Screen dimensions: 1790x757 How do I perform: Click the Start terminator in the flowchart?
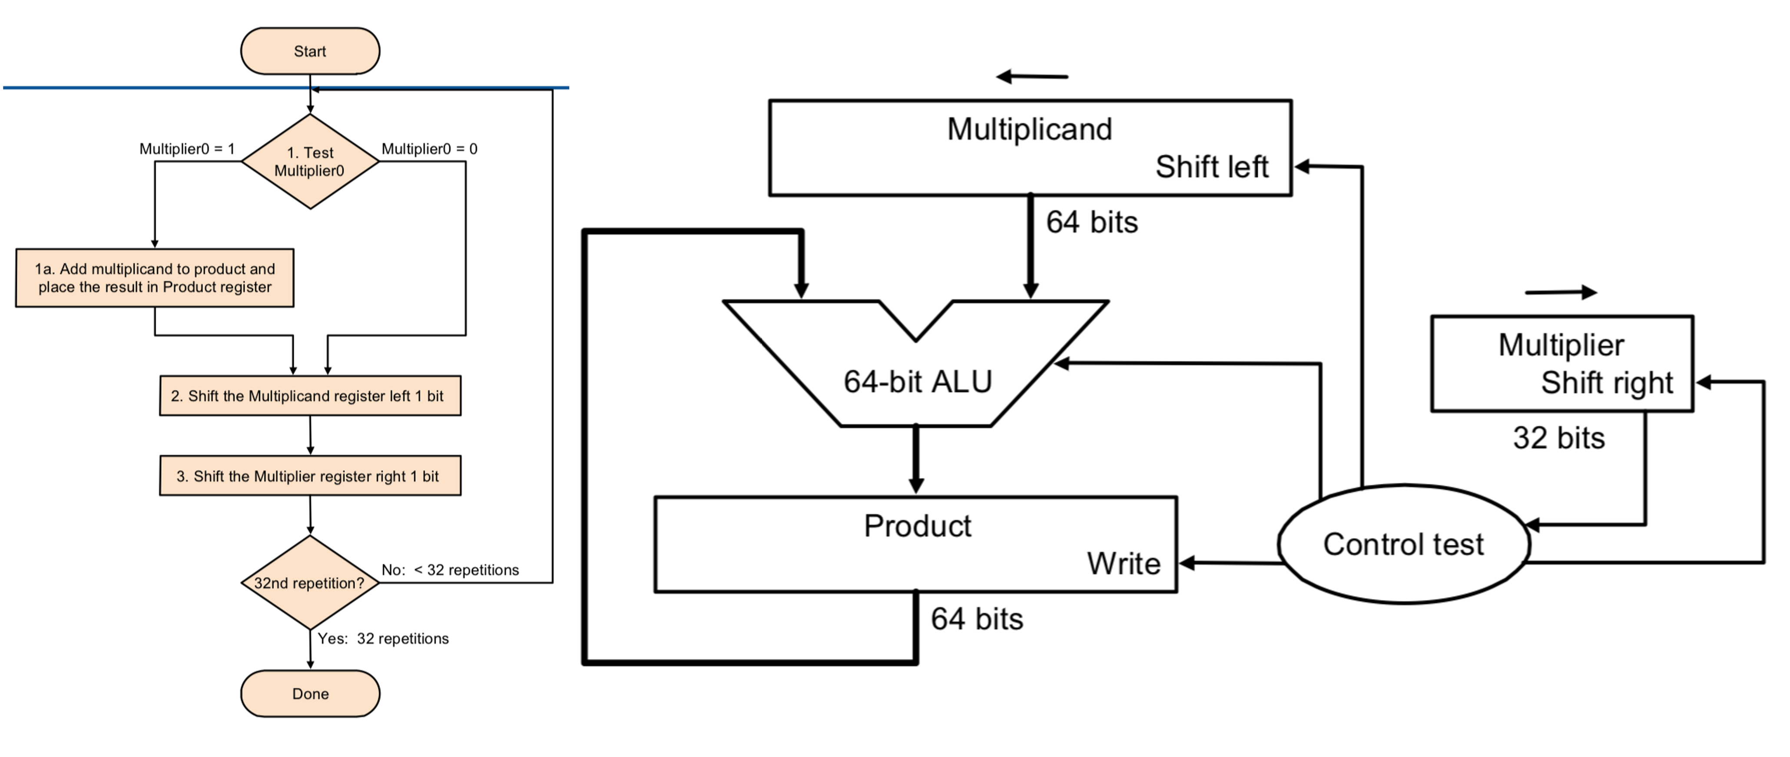(x=310, y=51)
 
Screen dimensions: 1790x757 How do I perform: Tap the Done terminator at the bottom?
(x=310, y=693)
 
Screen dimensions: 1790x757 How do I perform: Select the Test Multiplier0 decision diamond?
(x=310, y=161)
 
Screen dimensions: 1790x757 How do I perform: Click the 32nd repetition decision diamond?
(x=310, y=583)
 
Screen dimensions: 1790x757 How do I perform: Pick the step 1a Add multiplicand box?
(x=155, y=277)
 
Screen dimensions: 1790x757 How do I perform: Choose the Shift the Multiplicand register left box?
(x=310, y=396)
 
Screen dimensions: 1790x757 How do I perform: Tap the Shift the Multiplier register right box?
(x=310, y=476)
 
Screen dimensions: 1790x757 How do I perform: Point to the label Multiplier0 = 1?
(x=187, y=149)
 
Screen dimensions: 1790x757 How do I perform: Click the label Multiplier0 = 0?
(x=429, y=149)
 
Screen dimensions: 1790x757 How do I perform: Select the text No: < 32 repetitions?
(x=450, y=570)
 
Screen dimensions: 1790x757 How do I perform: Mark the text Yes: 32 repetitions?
(x=383, y=638)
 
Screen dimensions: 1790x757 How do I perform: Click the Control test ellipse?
(x=1404, y=544)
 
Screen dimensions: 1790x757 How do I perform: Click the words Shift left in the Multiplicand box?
(x=1212, y=167)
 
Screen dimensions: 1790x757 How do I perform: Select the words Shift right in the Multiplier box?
(x=1607, y=382)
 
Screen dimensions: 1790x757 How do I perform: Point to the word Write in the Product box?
(x=1124, y=563)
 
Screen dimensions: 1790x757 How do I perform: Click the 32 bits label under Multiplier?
(x=1558, y=438)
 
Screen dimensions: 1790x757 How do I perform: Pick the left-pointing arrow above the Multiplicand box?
(x=1032, y=77)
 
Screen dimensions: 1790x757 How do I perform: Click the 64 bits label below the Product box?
(x=977, y=619)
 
